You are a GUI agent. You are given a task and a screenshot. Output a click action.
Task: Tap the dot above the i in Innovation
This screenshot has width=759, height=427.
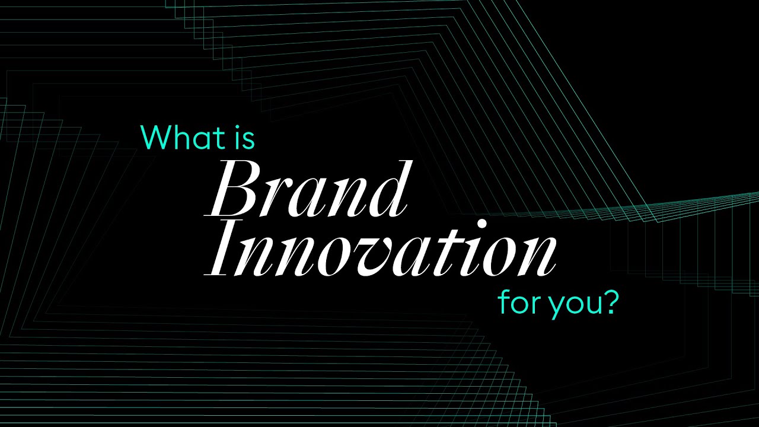pos(481,224)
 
